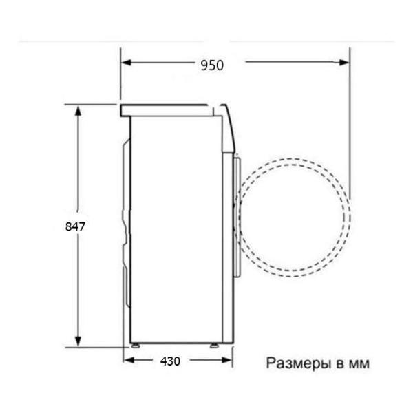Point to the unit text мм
pyautogui.click(x=355, y=363)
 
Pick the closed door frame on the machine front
pyautogui.click(x=237, y=215)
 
